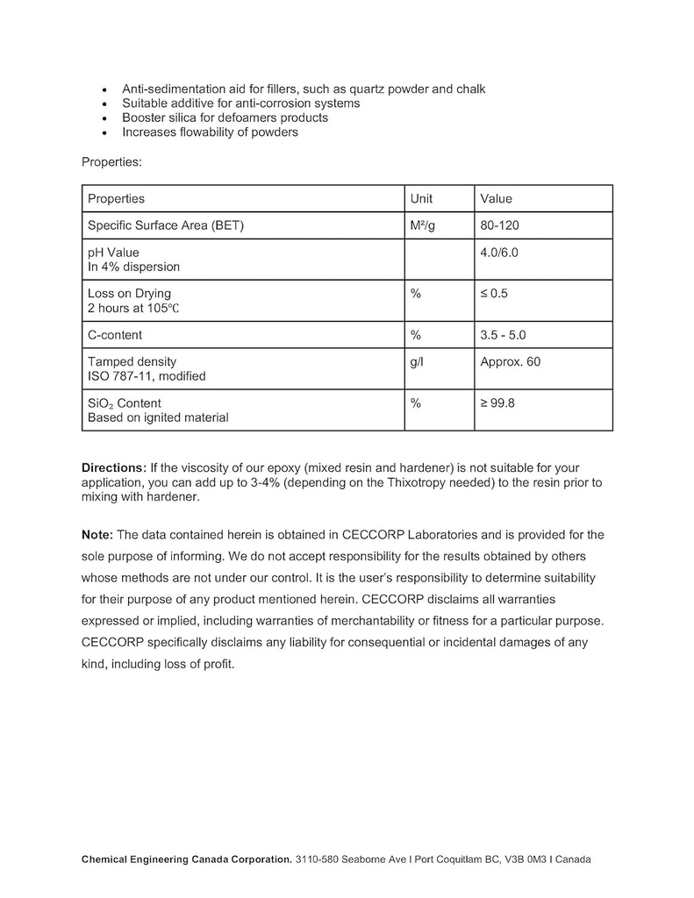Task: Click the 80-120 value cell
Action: click(499, 225)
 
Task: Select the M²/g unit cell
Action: click(422, 225)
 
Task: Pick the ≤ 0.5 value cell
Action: click(494, 293)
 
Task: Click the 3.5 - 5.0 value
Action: click(503, 335)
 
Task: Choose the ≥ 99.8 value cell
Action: click(497, 403)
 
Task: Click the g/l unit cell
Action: click(417, 361)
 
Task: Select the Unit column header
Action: click(421, 198)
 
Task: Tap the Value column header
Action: click(496, 198)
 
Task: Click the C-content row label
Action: click(115, 335)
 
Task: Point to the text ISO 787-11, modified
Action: click(147, 376)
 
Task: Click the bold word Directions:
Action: click(114, 467)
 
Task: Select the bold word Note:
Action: click(97, 534)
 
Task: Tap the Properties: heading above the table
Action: click(111, 161)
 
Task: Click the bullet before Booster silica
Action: click(105, 118)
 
